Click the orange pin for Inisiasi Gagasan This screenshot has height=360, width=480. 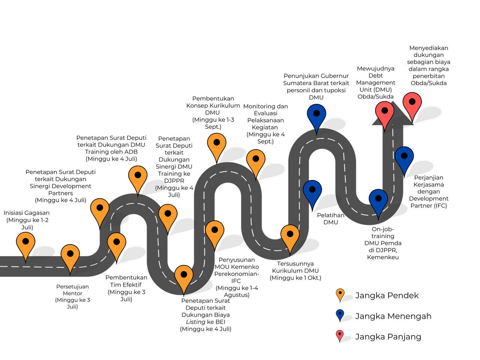point(25,243)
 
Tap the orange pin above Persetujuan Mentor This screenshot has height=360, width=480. point(70,255)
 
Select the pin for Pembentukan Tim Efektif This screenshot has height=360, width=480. point(117,243)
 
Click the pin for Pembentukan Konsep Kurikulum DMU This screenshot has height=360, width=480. point(216,144)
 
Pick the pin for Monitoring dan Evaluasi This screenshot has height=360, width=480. point(255,160)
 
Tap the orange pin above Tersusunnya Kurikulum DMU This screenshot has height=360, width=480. point(290,235)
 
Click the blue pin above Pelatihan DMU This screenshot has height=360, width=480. point(312,190)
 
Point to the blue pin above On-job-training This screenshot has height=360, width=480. point(378,200)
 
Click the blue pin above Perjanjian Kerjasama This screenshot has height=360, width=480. point(404,157)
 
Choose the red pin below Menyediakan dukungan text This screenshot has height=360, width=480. point(412,103)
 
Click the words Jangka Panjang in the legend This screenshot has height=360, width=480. point(388,337)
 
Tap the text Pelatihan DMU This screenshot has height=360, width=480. point(330,219)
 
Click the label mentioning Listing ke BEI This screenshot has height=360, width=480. point(205,315)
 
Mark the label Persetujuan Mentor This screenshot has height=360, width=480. point(72,297)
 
